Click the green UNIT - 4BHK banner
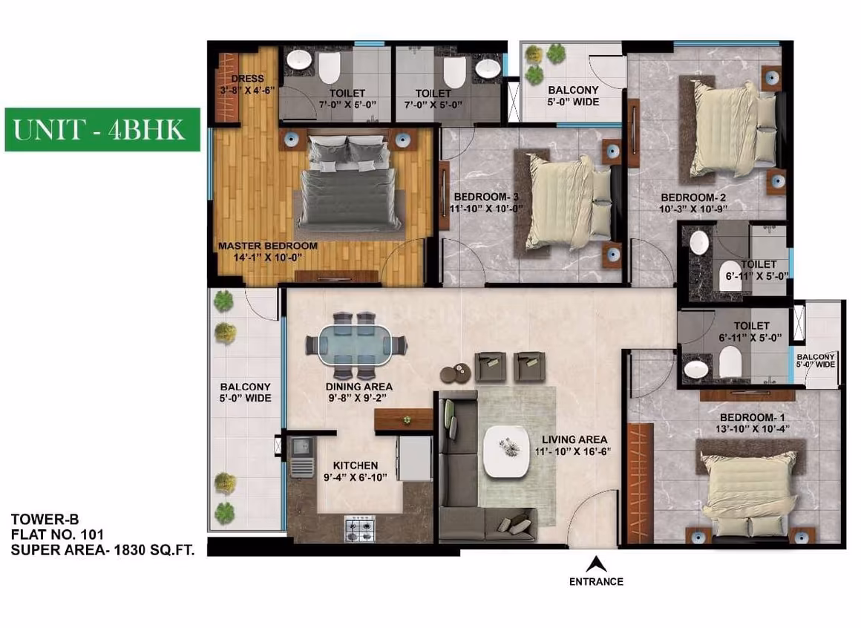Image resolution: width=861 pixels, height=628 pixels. pos(102,130)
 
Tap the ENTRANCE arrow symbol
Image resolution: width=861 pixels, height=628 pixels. pos(596,564)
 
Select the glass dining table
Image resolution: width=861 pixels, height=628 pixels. pos(355,345)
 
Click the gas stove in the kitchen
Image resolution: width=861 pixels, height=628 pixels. pos(360,528)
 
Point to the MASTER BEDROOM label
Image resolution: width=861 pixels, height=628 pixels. pos(268,246)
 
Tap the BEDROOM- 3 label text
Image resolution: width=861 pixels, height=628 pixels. pos(486,197)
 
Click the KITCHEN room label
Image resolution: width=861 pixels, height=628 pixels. pos(356,465)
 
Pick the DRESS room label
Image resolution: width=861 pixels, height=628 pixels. pos(248,79)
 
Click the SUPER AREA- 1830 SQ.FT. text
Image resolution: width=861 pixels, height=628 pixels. pos(102,550)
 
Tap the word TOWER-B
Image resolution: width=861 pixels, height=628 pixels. pos(45,520)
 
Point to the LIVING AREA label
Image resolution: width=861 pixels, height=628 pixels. pos(574,439)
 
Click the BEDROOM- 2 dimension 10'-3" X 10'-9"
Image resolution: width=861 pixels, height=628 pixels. pos(693,209)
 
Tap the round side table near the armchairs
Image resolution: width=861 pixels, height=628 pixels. pos(456,373)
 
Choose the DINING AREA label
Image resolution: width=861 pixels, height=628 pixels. pos(359,387)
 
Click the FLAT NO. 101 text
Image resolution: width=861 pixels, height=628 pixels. pos(57,534)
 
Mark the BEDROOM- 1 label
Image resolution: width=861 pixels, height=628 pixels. pos(753,418)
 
